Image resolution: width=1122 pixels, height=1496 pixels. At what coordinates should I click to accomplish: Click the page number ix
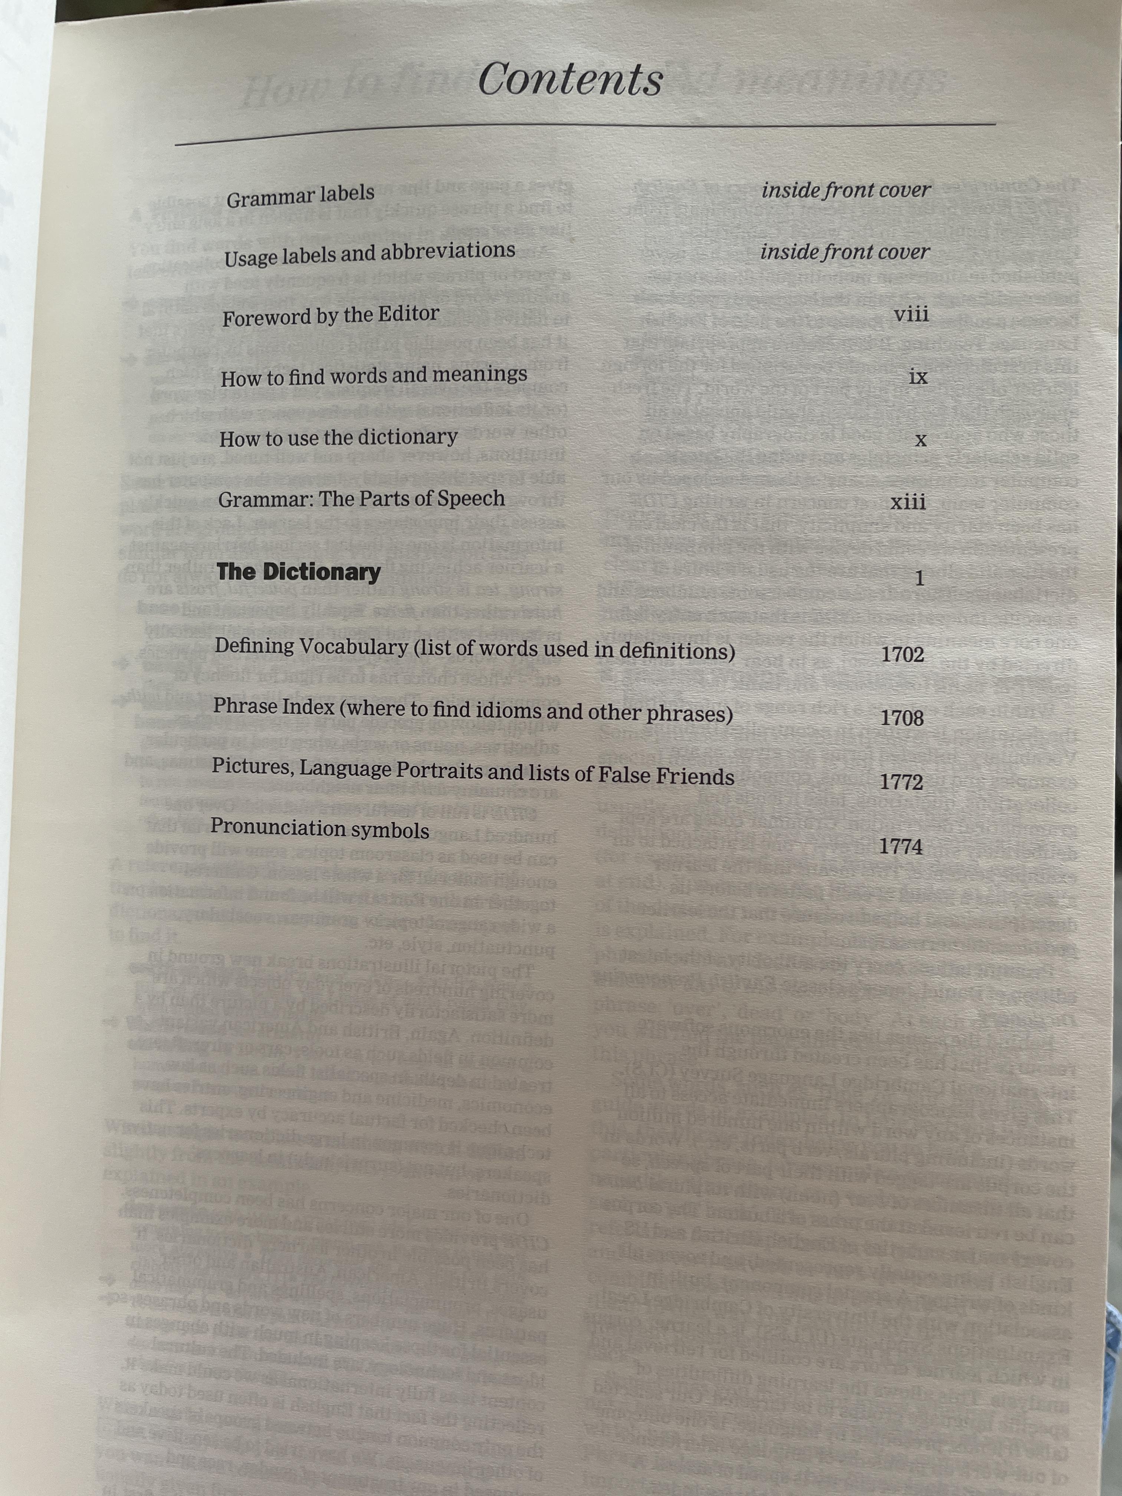[x=918, y=377]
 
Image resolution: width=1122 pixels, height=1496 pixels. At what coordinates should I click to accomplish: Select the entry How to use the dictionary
[x=338, y=437]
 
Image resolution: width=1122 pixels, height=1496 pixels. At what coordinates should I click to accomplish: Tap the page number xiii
[x=908, y=502]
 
